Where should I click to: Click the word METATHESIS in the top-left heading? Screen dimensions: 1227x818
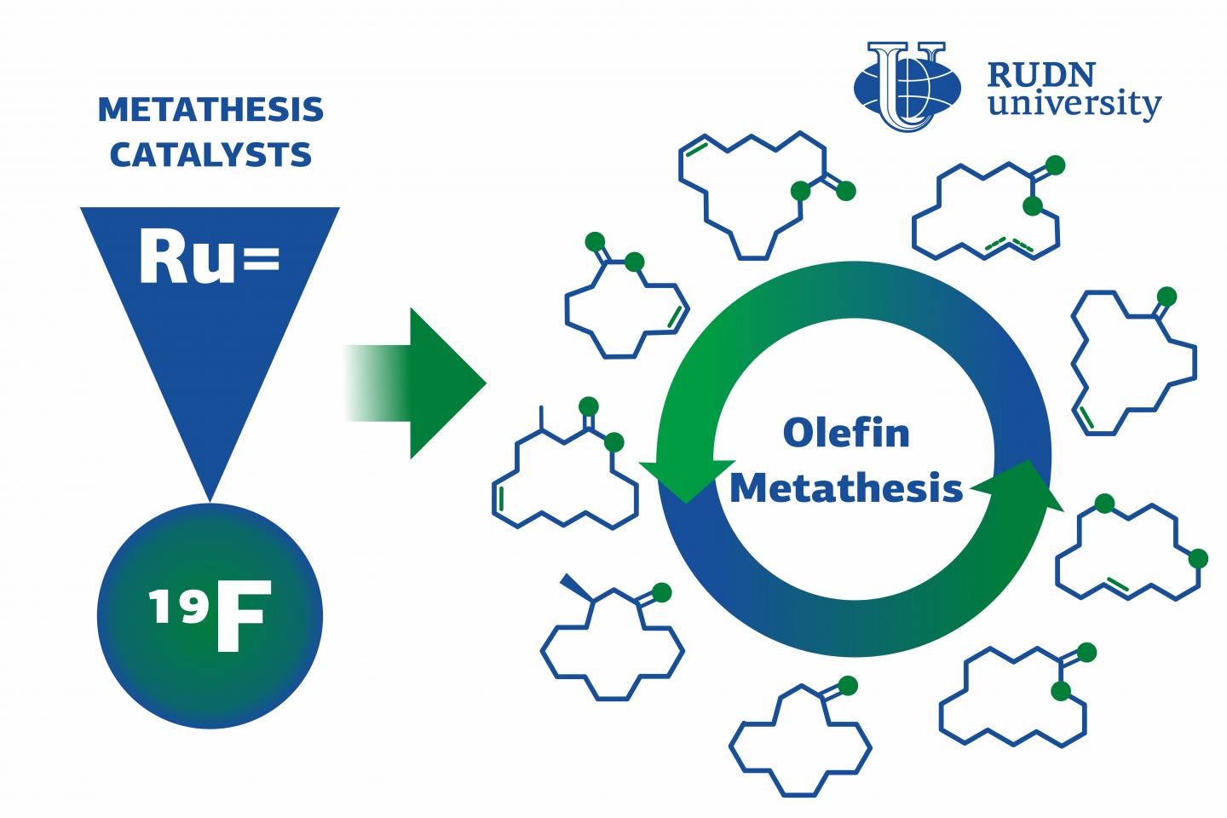click(211, 110)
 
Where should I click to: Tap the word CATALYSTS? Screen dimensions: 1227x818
click(211, 154)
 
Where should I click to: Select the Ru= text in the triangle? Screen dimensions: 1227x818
click(210, 256)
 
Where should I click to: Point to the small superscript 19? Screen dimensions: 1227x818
click(178, 606)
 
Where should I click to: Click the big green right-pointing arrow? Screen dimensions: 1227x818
click(415, 383)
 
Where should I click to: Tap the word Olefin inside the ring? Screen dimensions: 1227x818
click(846, 433)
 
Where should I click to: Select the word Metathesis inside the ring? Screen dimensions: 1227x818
click(846, 487)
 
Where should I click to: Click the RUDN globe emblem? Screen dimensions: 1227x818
click(907, 86)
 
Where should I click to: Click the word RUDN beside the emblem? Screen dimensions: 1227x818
click(1041, 75)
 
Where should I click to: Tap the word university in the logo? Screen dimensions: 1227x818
click(1074, 104)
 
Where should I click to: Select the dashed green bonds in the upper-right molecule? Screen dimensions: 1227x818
click(1009, 245)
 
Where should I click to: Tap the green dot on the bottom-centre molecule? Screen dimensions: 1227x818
click(847, 686)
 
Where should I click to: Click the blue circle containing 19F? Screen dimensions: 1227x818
click(210, 616)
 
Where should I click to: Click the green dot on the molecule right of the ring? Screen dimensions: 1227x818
click(1167, 297)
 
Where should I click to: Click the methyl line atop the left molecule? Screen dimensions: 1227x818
click(541, 418)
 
